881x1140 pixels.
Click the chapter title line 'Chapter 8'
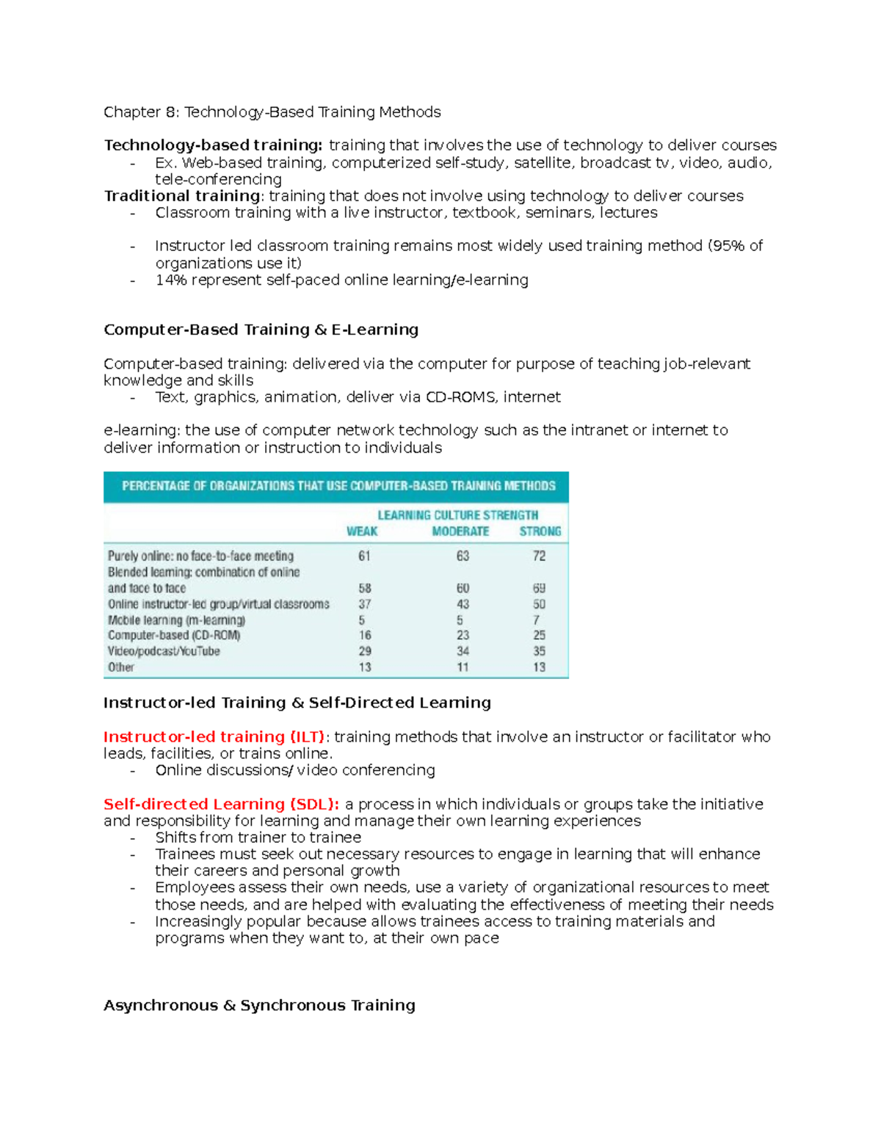point(272,112)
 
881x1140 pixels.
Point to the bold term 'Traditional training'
point(182,196)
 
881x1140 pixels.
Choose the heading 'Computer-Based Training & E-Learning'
point(261,330)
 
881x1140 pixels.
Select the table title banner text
point(338,486)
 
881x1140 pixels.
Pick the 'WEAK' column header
point(362,531)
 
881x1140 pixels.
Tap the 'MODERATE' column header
point(460,531)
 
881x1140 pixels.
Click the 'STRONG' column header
point(540,531)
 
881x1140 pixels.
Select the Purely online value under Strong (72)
point(539,556)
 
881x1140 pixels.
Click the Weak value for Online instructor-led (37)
point(364,604)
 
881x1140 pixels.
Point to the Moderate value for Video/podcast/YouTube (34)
point(463,651)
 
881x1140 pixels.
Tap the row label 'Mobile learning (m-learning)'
point(176,620)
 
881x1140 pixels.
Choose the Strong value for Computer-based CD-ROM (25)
point(539,636)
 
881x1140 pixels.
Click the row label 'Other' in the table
point(121,667)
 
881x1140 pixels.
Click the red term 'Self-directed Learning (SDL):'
point(221,805)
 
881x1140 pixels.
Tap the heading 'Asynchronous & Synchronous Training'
point(259,1006)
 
